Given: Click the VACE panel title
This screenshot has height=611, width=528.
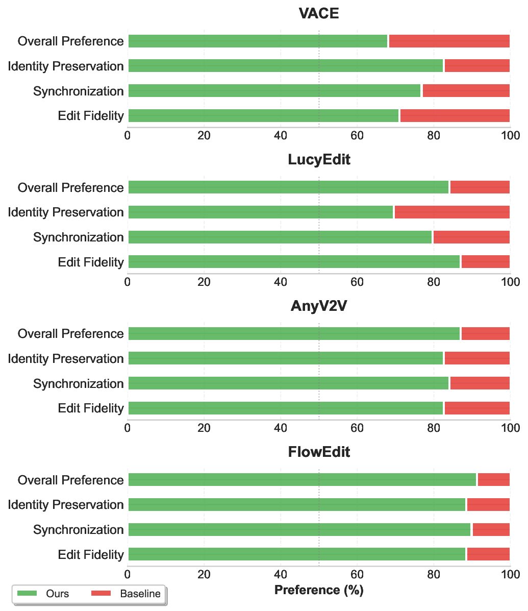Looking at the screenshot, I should click(319, 13).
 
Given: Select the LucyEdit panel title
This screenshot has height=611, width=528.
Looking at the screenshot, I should click(319, 160).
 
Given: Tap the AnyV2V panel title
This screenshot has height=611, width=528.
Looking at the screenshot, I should click(319, 306).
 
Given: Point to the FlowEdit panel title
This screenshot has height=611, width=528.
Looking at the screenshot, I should click(319, 452).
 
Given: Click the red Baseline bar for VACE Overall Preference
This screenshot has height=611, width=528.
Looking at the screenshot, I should click(449, 41).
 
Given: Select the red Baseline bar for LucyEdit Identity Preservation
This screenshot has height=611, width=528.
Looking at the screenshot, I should click(451, 212).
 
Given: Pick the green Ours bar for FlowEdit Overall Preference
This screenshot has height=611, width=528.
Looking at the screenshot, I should click(302, 480).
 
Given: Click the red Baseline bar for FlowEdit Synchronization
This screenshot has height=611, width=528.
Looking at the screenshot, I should click(491, 530).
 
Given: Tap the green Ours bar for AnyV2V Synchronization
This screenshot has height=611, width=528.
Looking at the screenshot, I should click(288, 383).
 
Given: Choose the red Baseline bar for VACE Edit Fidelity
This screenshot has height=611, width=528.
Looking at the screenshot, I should click(455, 116).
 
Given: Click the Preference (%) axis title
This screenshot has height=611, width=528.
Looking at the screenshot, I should click(319, 591).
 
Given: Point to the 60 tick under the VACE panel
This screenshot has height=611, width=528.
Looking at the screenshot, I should click(357, 135).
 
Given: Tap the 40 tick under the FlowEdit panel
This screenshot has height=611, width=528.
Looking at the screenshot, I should click(281, 574).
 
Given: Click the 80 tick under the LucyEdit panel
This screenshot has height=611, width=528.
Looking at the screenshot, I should click(434, 282).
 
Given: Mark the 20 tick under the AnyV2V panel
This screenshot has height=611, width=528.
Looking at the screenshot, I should click(204, 428).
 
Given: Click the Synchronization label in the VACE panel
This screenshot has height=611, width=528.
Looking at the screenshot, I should click(79, 91).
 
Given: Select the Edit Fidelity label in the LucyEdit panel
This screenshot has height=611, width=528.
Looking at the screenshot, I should click(91, 262).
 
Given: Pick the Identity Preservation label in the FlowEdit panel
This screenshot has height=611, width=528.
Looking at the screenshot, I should click(66, 505).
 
